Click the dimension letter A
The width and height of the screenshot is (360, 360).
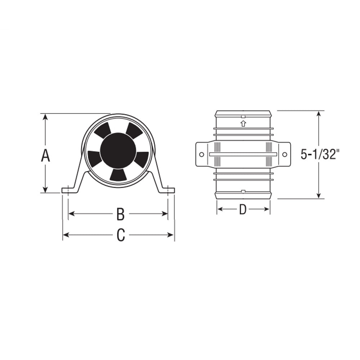click(45, 156)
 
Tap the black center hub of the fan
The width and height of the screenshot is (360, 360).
click(118, 150)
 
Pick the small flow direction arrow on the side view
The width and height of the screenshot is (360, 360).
click(243, 124)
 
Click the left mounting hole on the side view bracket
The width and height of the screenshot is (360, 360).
click(201, 154)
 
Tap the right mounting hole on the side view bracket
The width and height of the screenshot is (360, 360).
click(285, 154)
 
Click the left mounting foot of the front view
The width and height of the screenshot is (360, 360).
click(68, 190)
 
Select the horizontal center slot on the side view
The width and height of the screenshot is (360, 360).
click(243, 154)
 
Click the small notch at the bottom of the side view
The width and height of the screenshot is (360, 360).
click(243, 191)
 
